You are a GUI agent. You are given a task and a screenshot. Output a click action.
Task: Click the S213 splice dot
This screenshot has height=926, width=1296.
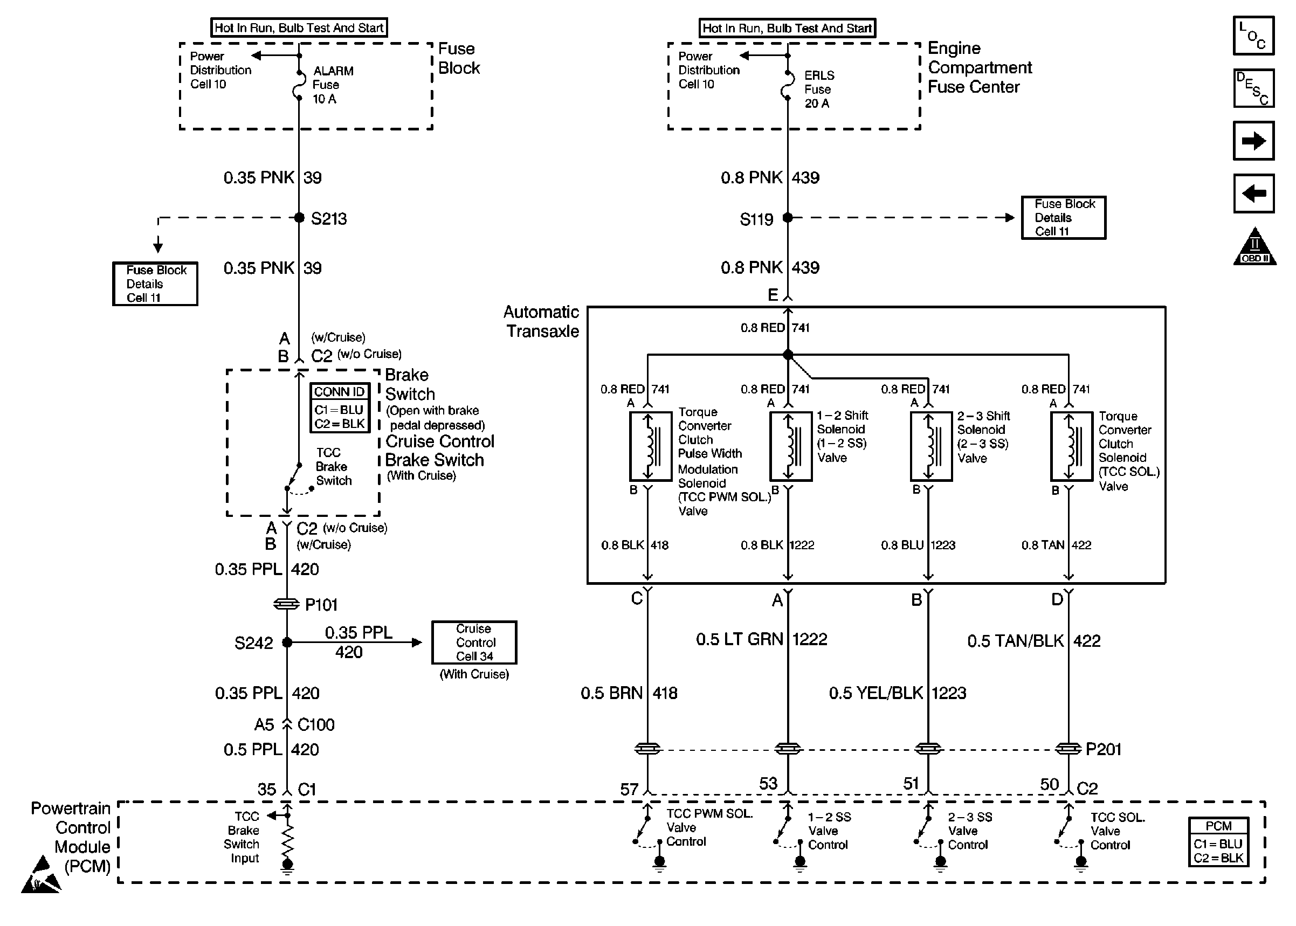click(x=299, y=217)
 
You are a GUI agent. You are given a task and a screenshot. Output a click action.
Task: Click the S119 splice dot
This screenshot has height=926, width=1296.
click(x=788, y=217)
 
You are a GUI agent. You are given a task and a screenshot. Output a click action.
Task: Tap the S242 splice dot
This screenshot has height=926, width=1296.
click(x=287, y=642)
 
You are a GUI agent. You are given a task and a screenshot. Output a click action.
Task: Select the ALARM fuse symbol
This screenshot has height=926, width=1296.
click(x=298, y=86)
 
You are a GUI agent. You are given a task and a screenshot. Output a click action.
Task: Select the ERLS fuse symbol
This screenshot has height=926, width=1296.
click(x=788, y=86)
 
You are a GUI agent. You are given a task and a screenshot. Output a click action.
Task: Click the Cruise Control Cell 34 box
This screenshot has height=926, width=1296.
click(x=474, y=642)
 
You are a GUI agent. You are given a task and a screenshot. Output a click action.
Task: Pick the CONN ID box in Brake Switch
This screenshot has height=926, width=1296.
click(x=340, y=407)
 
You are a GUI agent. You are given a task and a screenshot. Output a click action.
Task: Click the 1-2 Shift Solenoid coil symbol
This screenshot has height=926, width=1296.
click(x=791, y=446)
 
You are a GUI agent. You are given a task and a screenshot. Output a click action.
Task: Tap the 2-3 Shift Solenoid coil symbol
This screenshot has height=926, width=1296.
click(x=931, y=446)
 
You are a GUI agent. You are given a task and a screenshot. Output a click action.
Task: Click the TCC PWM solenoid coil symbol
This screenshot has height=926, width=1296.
click(x=650, y=446)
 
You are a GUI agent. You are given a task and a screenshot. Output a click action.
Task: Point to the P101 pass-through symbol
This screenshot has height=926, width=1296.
click(x=286, y=604)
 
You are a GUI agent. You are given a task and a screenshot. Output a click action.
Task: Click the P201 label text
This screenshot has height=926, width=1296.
click(x=1104, y=749)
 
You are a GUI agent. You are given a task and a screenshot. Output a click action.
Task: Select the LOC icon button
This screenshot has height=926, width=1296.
click(x=1253, y=36)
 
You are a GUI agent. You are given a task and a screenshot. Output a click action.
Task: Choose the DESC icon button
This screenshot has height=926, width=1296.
click(x=1253, y=88)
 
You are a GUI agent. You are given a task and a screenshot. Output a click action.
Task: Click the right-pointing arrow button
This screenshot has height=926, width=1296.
click(x=1253, y=141)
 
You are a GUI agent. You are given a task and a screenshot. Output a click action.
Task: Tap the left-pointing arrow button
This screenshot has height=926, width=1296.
click(x=1253, y=194)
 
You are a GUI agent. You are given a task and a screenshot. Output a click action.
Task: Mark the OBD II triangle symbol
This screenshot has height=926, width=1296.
click(x=1254, y=248)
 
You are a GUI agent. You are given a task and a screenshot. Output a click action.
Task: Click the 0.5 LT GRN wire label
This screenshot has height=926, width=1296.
click(x=739, y=639)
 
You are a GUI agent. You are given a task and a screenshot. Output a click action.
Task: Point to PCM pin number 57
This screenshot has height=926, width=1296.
click(x=629, y=789)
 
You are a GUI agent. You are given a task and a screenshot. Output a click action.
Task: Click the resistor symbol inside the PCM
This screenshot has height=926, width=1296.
click(x=287, y=838)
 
